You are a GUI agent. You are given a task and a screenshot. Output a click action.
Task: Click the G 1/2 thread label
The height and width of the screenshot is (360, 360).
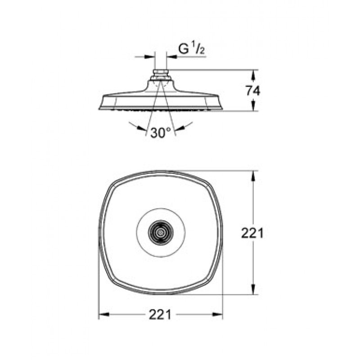(x=192, y=49)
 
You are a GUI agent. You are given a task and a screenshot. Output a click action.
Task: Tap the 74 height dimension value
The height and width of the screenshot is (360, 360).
(x=253, y=91)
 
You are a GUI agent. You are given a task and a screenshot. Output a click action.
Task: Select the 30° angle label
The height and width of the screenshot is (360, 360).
(x=161, y=132)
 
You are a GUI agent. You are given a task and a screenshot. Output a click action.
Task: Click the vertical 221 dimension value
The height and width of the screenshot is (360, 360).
(x=252, y=233)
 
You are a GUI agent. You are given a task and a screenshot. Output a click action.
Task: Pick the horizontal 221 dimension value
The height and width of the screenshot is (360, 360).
(x=160, y=314)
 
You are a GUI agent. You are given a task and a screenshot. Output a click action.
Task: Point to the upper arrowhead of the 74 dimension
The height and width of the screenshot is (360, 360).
(x=253, y=75)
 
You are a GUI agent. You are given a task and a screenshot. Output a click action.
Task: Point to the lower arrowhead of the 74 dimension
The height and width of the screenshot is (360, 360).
(x=253, y=106)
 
